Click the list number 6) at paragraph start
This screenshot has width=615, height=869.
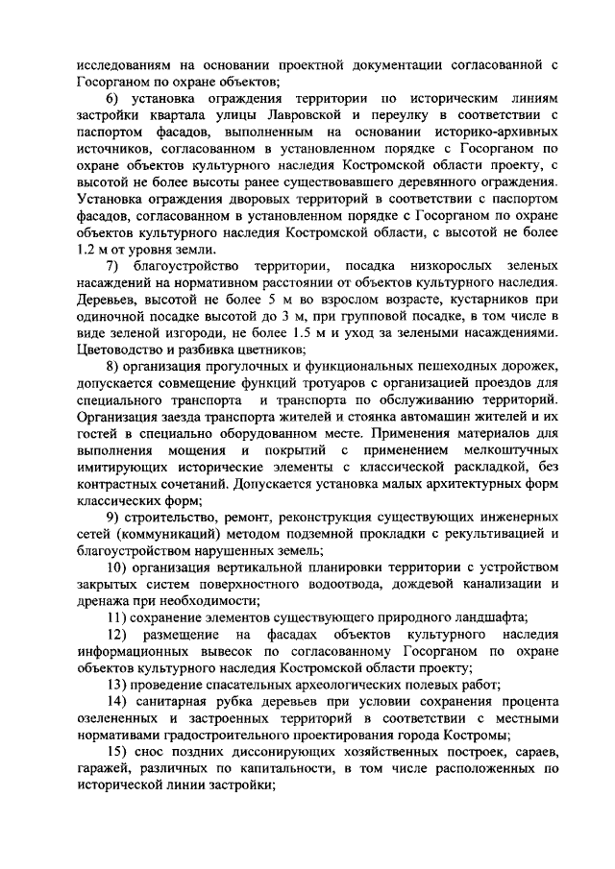[114, 98]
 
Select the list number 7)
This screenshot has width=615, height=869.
[113, 266]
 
